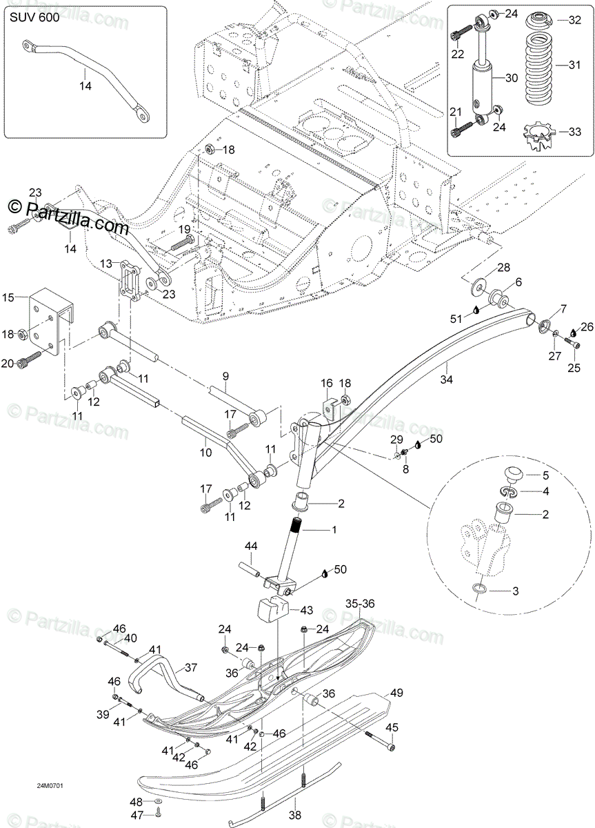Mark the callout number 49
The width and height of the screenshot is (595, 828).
click(x=396, y=693)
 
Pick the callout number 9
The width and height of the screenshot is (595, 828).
click(x=224, y=376)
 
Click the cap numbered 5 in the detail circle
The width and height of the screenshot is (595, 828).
click(x=513, y=474)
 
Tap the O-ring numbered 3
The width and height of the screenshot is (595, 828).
click(x=480, y=589)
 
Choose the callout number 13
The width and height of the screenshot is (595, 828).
click(x=104, y=264)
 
